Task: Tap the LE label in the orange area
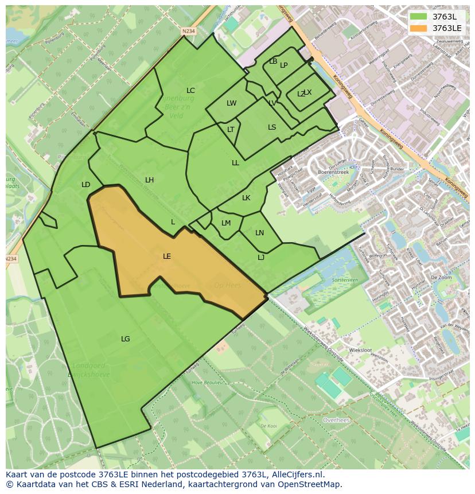167,256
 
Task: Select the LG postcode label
126,339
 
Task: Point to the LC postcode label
190,91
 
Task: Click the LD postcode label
86,185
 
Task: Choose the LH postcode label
149,180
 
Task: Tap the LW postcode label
231,104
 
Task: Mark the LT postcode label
231,130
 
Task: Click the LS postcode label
272,127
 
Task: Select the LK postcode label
246,198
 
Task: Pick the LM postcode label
226,223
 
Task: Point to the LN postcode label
259,233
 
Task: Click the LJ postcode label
261,258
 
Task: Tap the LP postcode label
284,65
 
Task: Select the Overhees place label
336,420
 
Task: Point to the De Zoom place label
441,277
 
